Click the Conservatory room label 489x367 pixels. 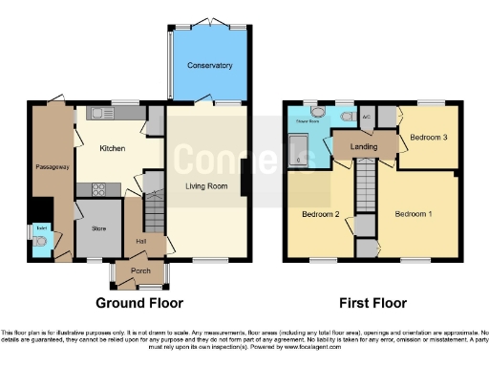point(209,65)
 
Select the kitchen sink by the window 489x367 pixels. point(104,114)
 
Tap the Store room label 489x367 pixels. point(98,227)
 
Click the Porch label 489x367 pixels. point(140,270)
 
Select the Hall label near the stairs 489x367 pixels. point(140,241)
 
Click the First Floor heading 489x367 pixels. point(369,303)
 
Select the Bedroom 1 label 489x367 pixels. point(415,213)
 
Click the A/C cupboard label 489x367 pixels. point(366,118)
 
